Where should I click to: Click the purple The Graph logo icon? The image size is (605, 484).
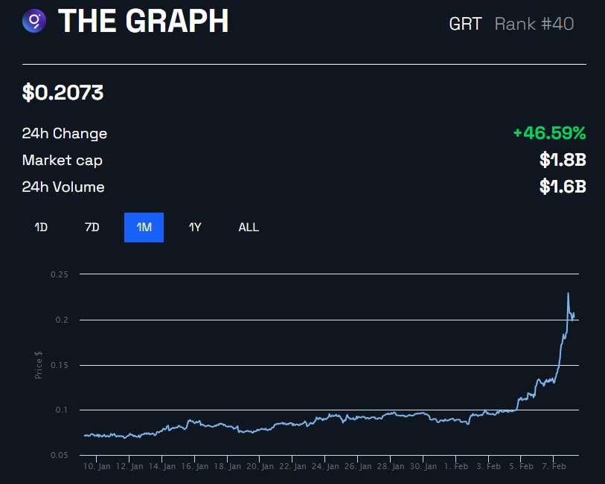click(34, 22)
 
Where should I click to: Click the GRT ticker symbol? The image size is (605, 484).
click(465, 23)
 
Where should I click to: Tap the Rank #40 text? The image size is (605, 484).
click(534, 23)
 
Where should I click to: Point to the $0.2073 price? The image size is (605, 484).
click(63, 93)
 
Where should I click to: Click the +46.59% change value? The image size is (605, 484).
click(549, 134)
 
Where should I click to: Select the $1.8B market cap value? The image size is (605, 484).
click(563, 161)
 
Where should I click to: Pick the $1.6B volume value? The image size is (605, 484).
click(563, 187)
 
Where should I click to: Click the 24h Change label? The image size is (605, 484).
click(65, 134)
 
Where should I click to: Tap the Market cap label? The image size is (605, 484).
click(63, 161)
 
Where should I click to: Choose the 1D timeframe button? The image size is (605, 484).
click(41, 228)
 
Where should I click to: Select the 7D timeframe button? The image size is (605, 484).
click(92, 228)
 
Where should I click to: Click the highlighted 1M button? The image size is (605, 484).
click(144, 228)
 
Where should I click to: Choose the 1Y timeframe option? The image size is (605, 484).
click(195, 228)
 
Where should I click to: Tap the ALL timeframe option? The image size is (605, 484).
click(249, 228)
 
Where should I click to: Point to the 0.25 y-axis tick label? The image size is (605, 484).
click(59, 274)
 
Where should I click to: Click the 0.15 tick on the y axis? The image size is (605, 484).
click(59, 365)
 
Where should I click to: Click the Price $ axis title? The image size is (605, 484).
click(39, 364)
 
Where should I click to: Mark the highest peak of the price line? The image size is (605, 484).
click(569, 293)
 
